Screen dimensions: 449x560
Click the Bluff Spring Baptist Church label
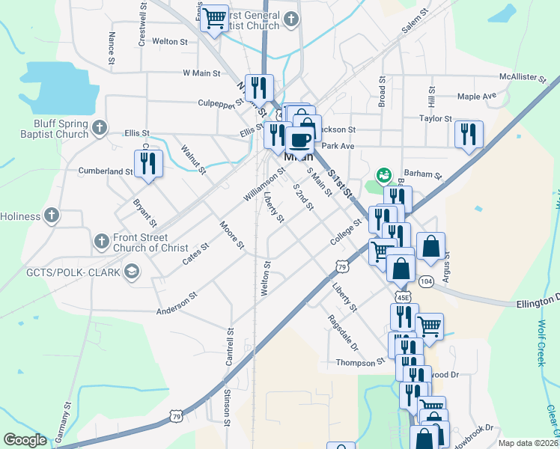point(50,129)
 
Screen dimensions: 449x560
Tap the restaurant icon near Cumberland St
point(147,163)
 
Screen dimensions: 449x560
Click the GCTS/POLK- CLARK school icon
point(133,271)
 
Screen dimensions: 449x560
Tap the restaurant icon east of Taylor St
point(469,135)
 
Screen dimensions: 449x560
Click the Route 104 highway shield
point(426,281)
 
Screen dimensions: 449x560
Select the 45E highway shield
point(403,297)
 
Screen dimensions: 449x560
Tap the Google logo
point(25,440)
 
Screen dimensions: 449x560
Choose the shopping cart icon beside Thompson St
point(429,326)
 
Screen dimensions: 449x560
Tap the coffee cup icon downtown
point(300,139)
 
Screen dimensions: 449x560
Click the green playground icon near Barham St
point(383,176)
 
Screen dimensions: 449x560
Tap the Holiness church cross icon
point(52,216)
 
